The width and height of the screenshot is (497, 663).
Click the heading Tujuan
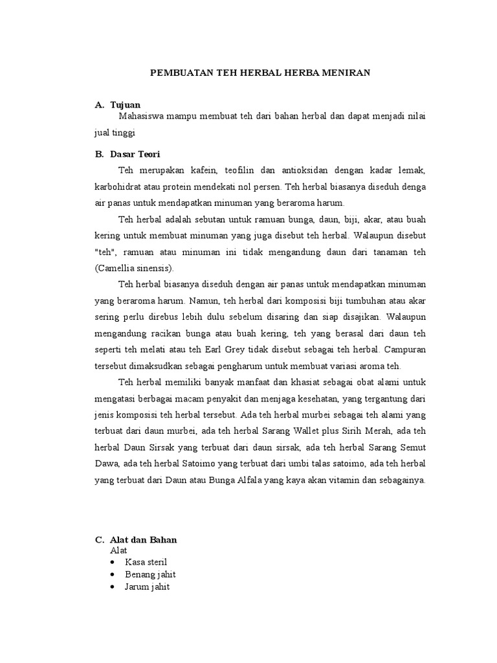125,104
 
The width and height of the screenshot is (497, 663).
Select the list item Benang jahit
150,574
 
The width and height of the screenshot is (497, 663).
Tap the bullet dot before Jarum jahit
114,587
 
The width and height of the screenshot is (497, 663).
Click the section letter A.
98,104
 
